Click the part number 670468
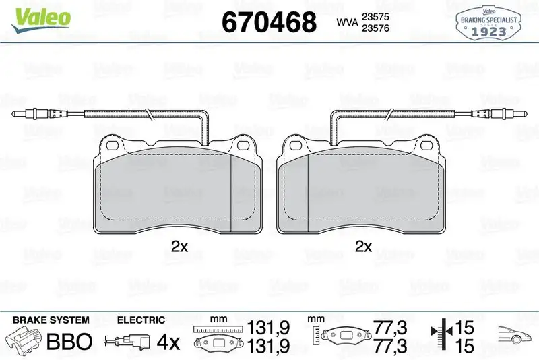269,23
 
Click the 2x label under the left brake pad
179,247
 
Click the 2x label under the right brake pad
363,247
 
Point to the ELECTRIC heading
141,320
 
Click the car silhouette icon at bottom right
515,335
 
